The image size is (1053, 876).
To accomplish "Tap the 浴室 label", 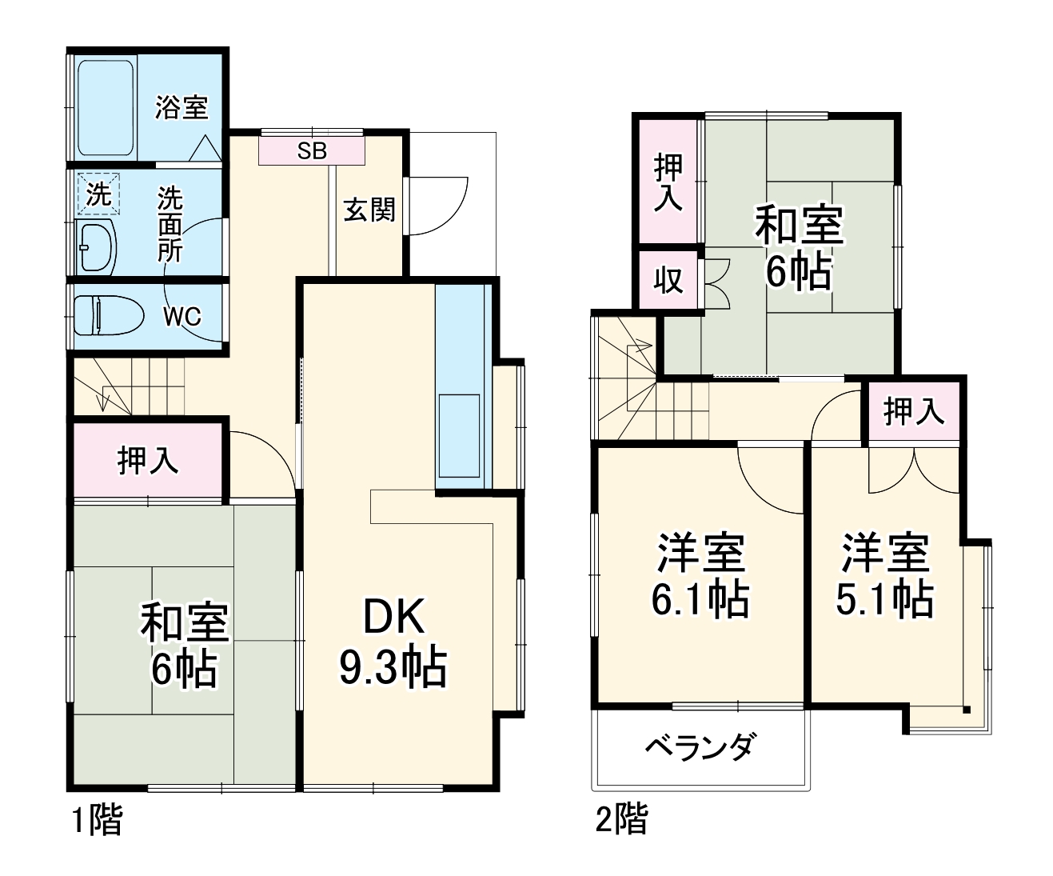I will point(181,107).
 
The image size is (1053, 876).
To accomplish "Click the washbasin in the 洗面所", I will point(98,246).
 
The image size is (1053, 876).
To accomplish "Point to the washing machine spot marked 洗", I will point(98,194).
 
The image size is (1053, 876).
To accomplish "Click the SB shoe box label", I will point(312,150).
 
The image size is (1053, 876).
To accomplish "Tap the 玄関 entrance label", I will point(369,210).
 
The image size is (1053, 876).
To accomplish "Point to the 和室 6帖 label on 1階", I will point(185,645).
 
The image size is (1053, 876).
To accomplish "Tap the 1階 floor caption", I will point(98,821).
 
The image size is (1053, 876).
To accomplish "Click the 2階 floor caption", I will point(621,819).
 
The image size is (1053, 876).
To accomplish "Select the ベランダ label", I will point(699,747).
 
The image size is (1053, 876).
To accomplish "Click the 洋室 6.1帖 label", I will point(700,574).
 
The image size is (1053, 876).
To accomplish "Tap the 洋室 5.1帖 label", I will point(884,574).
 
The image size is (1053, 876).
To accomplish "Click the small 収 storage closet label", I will point(668,280).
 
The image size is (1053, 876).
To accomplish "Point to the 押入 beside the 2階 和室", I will point(668,182).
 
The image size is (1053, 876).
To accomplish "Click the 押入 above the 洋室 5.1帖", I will point(913,412).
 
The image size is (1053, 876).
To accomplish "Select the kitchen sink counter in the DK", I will point(459,392).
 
